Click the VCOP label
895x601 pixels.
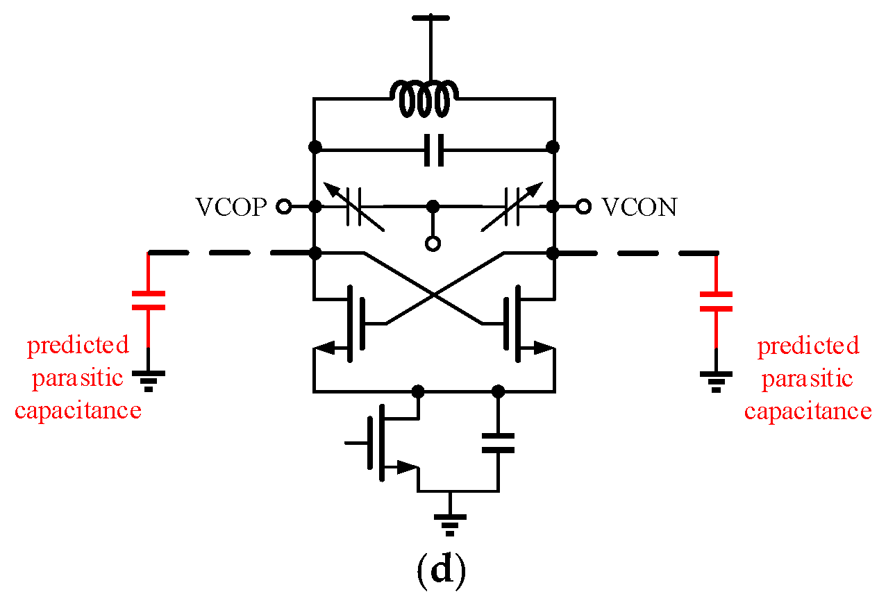click(x=231, y=207)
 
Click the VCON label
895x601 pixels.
click(x=639, y=207)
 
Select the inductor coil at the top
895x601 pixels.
click(x=424, y=99)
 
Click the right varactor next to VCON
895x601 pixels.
click(x=512, y=207)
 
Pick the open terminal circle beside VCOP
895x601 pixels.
click(x=283, y=206)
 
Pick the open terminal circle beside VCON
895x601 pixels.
click(x=584, y=206)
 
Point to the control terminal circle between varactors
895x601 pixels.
click(x=433, y=244)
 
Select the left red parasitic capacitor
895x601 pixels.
click(x=149, y=300)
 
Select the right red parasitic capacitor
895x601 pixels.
click(x=717, y=300)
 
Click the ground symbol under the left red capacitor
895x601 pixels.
click(x=149, y=380)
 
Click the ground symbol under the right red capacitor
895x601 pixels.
click(x=717, y=380)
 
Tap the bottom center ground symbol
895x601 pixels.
click(x=450, y=522)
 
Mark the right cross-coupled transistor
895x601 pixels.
click(x=515, y=324)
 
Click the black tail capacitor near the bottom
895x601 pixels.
click(x=497, y=443)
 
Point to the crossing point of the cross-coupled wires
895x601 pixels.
click(x=434, y=296)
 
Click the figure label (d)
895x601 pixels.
click(x=440, y=570)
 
